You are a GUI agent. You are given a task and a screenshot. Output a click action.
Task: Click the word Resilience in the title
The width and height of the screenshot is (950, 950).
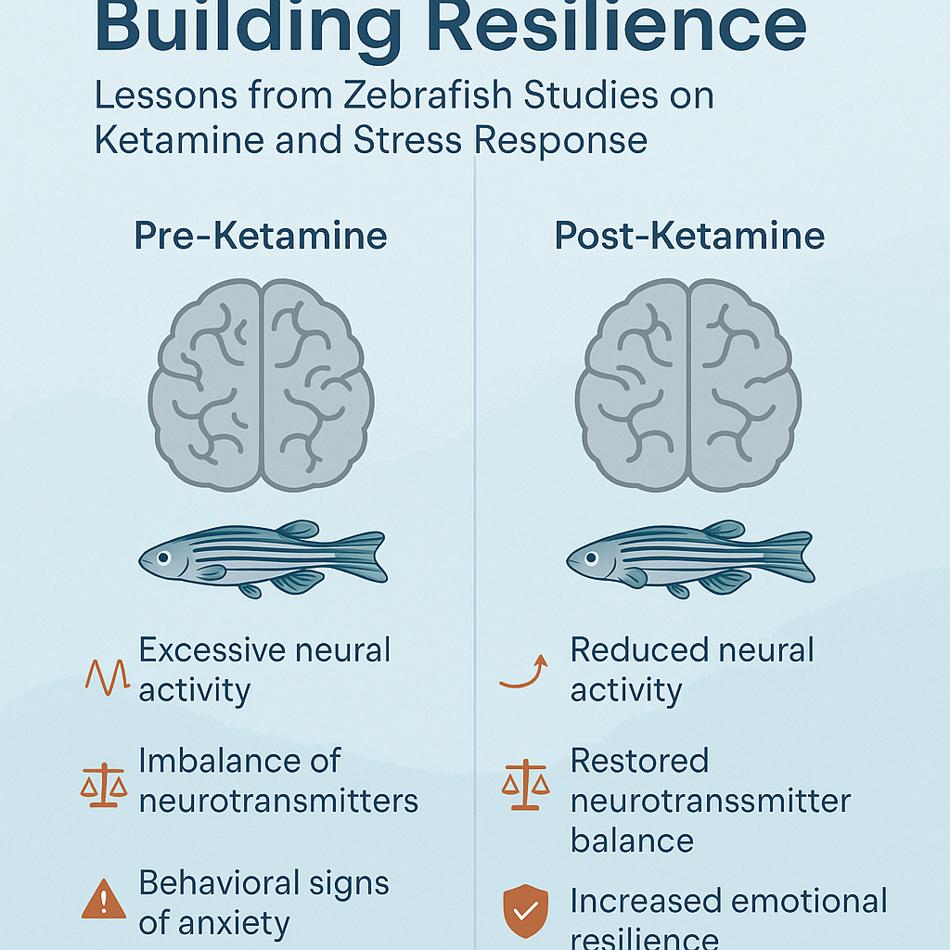coord(621,28)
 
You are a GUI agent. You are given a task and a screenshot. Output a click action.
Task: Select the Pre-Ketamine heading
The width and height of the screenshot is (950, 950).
coord(261,236)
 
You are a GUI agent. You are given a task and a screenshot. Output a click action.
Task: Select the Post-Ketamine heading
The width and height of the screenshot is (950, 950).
coord(689,236)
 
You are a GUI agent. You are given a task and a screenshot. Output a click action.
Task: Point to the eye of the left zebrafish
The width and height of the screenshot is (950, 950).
coord(162,558)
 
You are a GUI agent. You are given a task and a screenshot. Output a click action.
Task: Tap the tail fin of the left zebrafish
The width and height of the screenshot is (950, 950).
coord(364,556)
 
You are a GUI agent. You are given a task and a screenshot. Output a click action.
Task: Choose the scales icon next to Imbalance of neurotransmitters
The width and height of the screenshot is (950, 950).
coord(103,785)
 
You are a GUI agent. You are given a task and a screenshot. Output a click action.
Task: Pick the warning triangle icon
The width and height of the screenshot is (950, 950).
coord(103,899)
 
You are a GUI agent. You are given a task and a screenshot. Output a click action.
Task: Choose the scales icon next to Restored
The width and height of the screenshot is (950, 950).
coord(525,784)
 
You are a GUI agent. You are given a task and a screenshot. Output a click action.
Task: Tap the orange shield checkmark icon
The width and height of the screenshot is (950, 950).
coord(524,913)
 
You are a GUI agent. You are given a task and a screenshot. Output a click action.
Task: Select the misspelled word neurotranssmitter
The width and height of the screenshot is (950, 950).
coord(710,801)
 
